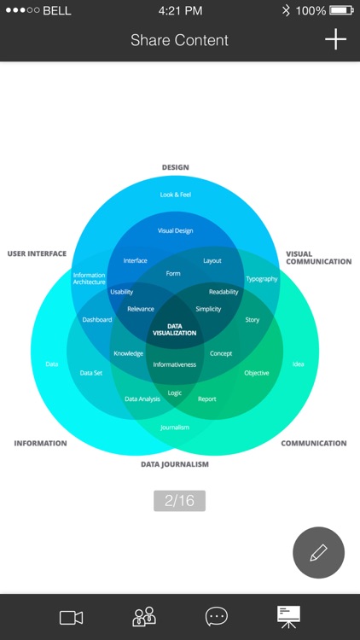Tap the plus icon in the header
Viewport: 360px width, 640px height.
coord(335,39)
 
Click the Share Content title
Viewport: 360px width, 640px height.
coord(179,40)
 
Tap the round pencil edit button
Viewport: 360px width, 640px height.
coord(318,553)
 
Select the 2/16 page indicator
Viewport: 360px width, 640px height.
coord(179,501)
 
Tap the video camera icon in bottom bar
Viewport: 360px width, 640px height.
coord(71,617)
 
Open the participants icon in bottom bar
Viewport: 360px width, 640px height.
coord(144,617)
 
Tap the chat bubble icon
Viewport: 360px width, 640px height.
coord(217,617)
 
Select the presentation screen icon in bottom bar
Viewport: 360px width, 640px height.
coord(288,616)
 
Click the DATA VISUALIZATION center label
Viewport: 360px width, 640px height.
coord(175,329)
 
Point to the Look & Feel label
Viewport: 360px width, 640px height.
coord(175,195)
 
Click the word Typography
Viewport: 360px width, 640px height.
coord(261,279)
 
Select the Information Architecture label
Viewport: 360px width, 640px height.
coord(89,278)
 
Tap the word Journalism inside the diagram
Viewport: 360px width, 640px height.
coord(175,427)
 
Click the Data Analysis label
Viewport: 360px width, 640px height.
coord(142,399)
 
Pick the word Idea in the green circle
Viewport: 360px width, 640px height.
coord(298,364)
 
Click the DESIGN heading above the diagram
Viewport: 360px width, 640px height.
coord(175,167)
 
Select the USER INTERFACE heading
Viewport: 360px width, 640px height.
coord(37,253)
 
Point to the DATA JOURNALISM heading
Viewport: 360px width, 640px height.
coord(175,464)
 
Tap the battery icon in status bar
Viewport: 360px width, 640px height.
coord(341,11)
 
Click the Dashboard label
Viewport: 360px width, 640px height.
coord(97,319)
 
